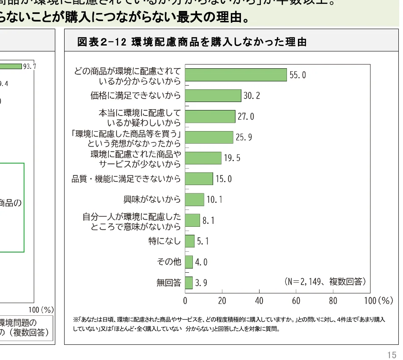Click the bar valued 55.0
point(236,75)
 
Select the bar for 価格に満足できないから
point(213,96)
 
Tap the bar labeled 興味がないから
point(195,199)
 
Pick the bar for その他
point(189,262)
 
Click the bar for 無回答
point(189,282)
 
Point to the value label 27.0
point(246,116)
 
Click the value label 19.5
point(232,158)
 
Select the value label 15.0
point(224,179)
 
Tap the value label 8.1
point(208,220)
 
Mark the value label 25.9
point(243,137)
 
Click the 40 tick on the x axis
point(259,301)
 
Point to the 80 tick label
point(333,301)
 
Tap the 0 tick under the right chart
point(185,301)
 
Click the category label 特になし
point(165,241)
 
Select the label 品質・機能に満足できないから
point(126,179)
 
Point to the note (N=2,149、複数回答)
point(325,281)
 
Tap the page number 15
point(392,355)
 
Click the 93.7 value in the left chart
point(30,66)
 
